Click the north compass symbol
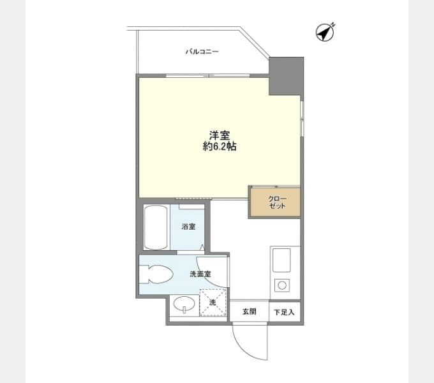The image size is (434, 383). coord(325,33)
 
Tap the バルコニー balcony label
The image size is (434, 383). coord(202,52)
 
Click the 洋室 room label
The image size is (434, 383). coord(220,135)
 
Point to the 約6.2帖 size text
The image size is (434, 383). coord(220,147)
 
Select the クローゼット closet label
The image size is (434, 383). coord(277,202)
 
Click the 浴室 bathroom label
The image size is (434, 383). coord(188,227)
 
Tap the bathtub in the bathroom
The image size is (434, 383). coord(156,227)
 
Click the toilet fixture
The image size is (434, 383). coord(156,274)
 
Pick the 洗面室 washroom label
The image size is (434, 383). coord(200,274)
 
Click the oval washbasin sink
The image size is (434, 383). coord(184,304)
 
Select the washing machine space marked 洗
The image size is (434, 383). coord(213,303)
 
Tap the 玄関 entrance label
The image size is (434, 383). coord(249,312)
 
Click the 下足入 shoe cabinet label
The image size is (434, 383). coord(284,312)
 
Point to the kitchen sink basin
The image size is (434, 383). coord(281,260)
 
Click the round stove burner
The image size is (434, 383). coord(282,285)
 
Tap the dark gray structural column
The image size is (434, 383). coord(287,76)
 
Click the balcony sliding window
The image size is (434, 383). coord(208,75)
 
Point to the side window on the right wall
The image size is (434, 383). coord(303,118)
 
